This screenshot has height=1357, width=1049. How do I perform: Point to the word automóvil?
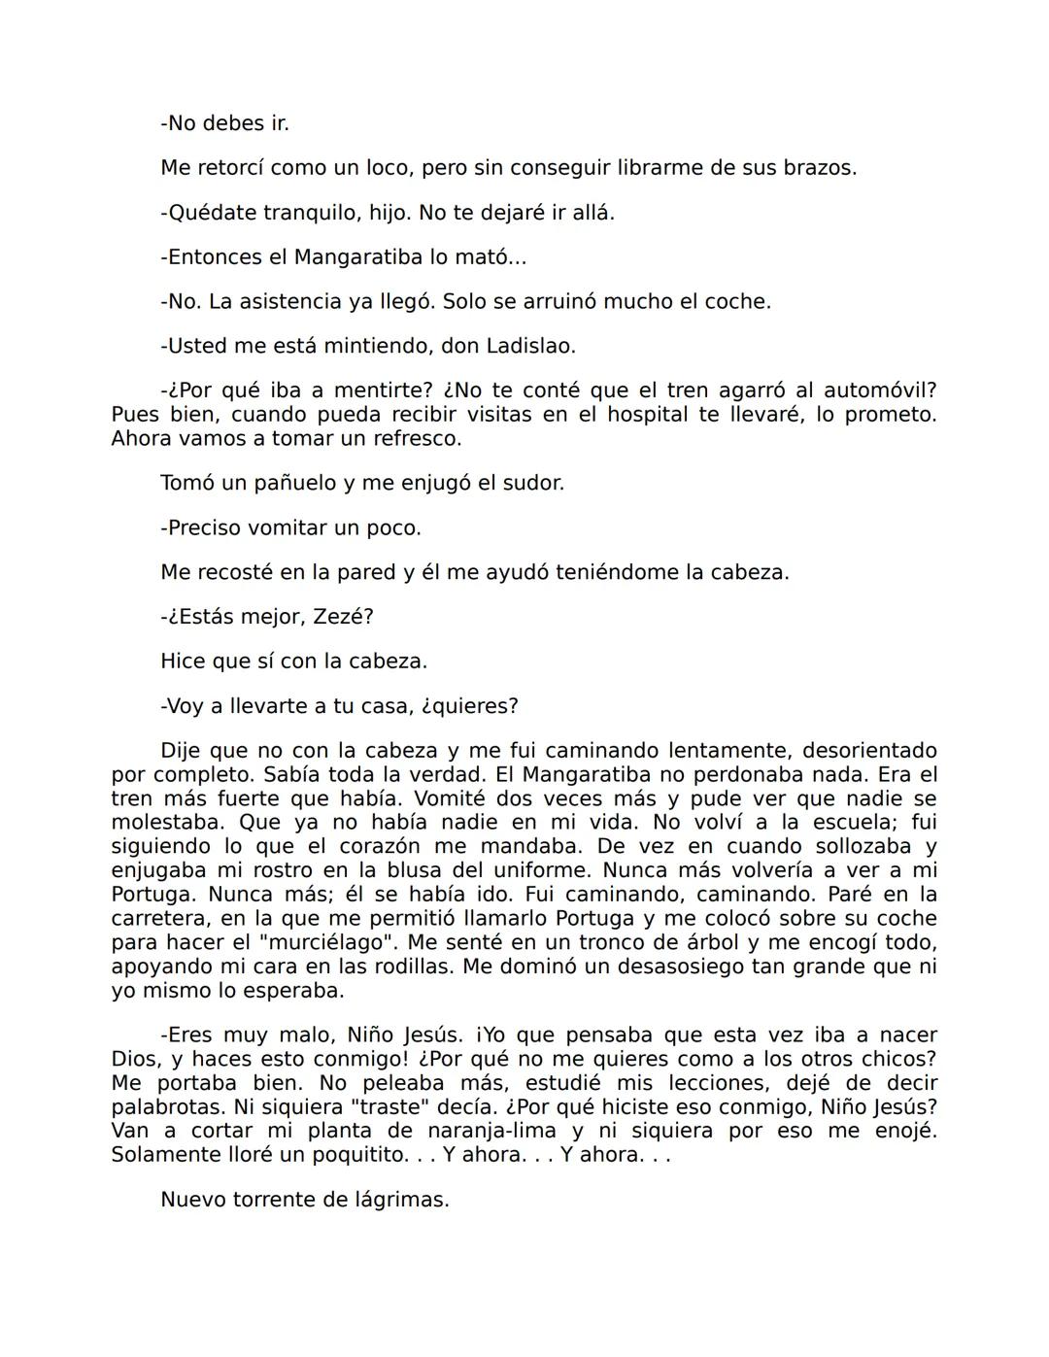pos(880,390)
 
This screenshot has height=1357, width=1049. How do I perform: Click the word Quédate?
pos(211,213)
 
